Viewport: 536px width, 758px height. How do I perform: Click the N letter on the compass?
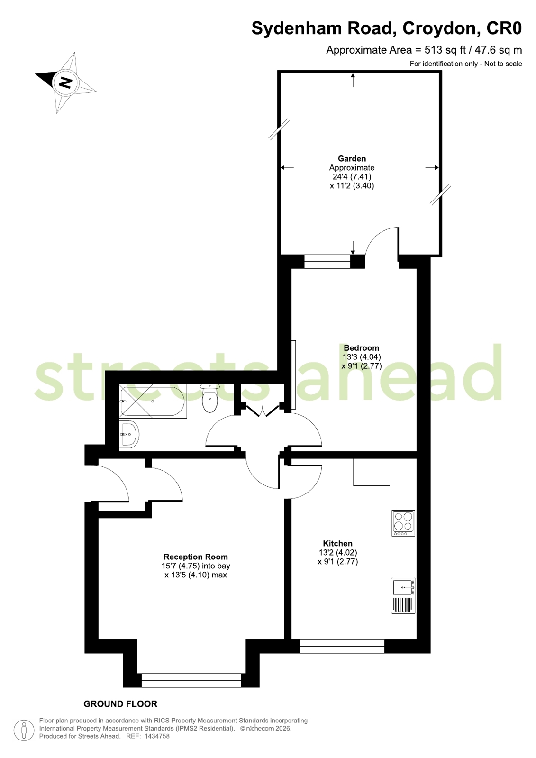tap(65, 82)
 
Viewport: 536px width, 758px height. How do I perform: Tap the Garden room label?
tap(352, 158)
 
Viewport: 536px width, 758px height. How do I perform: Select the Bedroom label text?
tap(362, 347)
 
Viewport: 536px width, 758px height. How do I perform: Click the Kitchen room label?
tap(338, 543)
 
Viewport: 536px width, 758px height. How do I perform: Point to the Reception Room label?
tap(196, 557)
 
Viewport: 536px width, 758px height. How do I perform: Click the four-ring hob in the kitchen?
tap(403, 523)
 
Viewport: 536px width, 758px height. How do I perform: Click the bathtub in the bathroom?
tap(153, 402)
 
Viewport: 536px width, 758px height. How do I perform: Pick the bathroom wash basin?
tap(129, 435)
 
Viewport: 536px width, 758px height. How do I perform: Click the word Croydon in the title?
tap(441, 28)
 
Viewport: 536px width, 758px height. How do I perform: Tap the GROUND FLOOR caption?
tap(120, 704)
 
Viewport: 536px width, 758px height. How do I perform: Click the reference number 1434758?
tap(157, 736)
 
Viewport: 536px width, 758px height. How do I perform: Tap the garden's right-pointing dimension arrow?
tap(432, 167)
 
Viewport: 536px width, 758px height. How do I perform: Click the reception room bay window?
tap(191, 680)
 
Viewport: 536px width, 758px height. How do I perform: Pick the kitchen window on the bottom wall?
tap(342, 646)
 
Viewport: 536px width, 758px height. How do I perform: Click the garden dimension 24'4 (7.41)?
tap(352, 176)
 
